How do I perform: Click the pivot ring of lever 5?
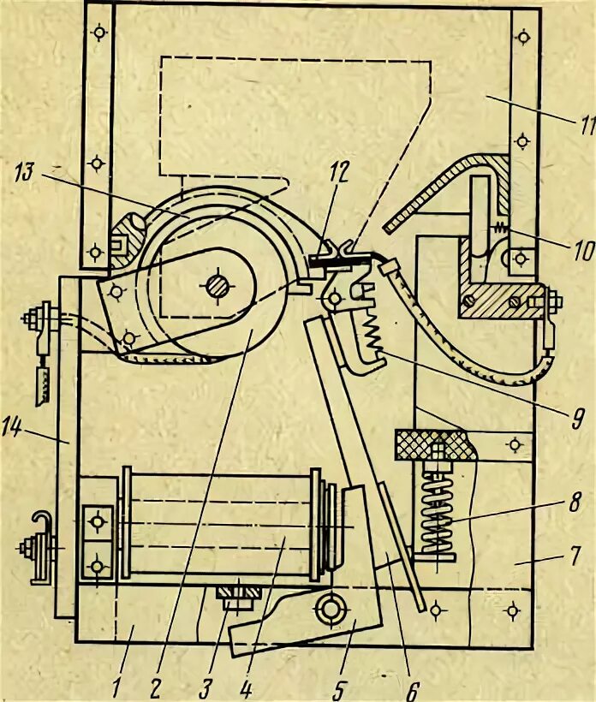pos(327,607)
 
